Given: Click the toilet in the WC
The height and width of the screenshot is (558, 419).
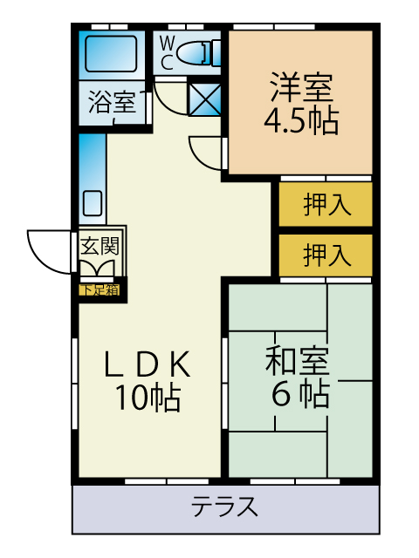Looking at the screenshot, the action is [199, 53].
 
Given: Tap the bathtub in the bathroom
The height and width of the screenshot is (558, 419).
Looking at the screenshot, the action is [111, 53].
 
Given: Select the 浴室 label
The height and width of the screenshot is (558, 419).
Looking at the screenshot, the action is [112, 102].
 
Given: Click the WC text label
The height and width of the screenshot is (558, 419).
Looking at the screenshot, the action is [167, 53].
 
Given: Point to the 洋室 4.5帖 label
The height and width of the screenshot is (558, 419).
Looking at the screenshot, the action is [301, 103].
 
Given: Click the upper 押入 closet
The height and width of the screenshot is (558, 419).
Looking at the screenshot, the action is [326, 204].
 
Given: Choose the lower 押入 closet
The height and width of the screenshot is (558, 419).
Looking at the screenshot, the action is [326, 255].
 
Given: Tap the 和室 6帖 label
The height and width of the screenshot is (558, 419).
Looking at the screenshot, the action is [299, 377].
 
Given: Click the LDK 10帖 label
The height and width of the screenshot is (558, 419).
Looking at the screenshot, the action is [148, 381].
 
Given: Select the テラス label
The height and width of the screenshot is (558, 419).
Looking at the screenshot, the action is [224, 507].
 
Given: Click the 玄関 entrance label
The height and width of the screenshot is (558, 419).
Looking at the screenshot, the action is [100, 246].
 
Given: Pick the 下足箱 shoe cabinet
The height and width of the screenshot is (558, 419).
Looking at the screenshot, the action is [100, 290].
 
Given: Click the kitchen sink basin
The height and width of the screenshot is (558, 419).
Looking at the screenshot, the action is [93, 203].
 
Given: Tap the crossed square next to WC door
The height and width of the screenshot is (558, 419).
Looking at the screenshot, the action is [204, 99].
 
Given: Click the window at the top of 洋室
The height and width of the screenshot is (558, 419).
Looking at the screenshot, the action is [274, 27].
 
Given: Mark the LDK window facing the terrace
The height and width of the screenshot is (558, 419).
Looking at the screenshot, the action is [167, 481].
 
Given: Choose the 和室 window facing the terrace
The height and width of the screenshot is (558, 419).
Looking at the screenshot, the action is [295, 481].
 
